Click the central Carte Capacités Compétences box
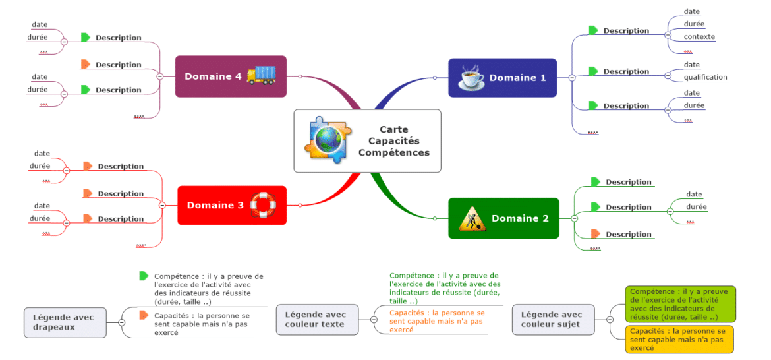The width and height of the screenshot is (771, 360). [x=367, y=141]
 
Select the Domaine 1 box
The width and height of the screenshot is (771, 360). [x=502, y=78]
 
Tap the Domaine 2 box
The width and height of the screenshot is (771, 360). [x=503, y=218]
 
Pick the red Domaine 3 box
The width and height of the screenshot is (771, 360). [x=232, y=205]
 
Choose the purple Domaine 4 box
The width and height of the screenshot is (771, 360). [x=231, y=76]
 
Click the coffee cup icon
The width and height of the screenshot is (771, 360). [x=471, y=77]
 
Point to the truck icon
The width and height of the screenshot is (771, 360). [x=261, y=75]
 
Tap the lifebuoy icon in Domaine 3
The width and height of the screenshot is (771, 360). [x=263, y=204]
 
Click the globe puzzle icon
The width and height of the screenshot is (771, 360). [x=326, y=140]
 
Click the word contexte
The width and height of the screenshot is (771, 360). [x=699, y=37]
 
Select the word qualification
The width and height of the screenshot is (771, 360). [x=705, y=77]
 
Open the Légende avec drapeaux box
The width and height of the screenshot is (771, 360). [x=65, y=322]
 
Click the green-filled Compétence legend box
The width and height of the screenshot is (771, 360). [x=679, y=304]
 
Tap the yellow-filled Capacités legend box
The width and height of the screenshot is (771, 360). [x=679, y=339]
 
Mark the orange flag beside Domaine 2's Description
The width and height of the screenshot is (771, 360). [x=595, y=234]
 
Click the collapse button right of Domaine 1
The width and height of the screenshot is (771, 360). [x=571, y=78]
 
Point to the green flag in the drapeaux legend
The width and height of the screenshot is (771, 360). [x=144, y=276]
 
